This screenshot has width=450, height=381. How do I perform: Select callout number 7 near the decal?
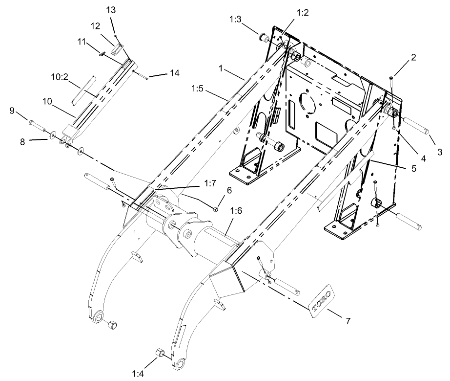pyautogui.click(x=348, y=321)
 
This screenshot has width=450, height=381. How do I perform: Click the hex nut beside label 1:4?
pyautogui.click(x=159, y=353)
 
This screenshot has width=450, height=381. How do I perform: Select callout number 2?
pyautogui.click(x=413, y=57)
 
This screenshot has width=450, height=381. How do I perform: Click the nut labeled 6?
pyautogui.click(x=215, y=209)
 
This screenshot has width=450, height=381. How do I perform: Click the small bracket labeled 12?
pyautogui.click(x=116, y=49)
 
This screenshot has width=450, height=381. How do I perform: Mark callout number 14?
pyautogui.click(x=174, y=73)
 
